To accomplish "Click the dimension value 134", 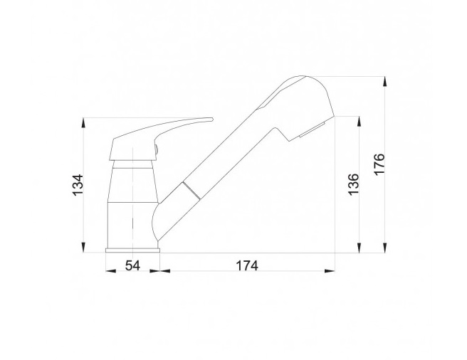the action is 78,184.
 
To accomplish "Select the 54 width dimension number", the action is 132,265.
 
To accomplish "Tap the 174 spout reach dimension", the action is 247,265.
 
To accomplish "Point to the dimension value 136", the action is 354,184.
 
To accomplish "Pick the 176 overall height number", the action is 379,164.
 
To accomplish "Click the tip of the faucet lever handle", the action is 212,120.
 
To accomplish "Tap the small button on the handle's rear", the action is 156,149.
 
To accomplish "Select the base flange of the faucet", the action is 132,250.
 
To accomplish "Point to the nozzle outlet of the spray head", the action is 312,130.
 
